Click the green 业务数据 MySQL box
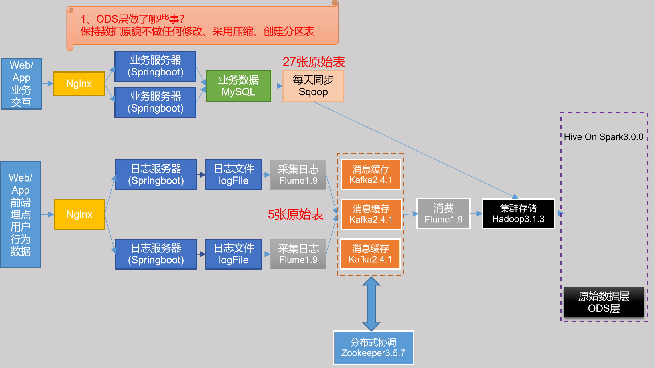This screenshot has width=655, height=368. click(x=238, y=86)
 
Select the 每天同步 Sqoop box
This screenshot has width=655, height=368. click(x=313, y=86)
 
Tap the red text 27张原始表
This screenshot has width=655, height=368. click(x=314, y=62)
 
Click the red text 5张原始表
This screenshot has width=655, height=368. click(x=295, y=214)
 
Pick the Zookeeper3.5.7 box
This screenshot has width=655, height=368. click(x=373, y=348)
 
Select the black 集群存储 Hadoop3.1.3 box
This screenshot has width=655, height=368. click(x=518, y=214)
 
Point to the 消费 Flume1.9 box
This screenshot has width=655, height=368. click(x=443, y=214)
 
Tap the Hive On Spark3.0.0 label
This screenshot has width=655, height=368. click(x=603, y=137)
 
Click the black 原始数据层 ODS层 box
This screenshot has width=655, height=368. click(x=604, y=302)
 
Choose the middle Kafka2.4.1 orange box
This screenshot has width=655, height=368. click(x=371, y=214)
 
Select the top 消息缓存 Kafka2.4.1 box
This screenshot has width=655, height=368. click(x=371, y=174)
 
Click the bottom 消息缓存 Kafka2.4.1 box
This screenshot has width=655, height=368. click(x=370, y=254)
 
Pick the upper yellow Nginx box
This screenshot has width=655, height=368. click(x=79, y=84)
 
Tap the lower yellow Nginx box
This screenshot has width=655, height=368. click(x=79, y=214)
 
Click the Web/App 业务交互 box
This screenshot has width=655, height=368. click(x=21, y=84)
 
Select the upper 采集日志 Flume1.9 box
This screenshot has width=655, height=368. click(x=298, y=175)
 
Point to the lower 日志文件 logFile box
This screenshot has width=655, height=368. click(x=234, y=254)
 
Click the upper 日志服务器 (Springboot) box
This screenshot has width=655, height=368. click(x=156, y=175)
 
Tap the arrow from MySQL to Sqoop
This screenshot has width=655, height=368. click(x=277, y=86)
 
